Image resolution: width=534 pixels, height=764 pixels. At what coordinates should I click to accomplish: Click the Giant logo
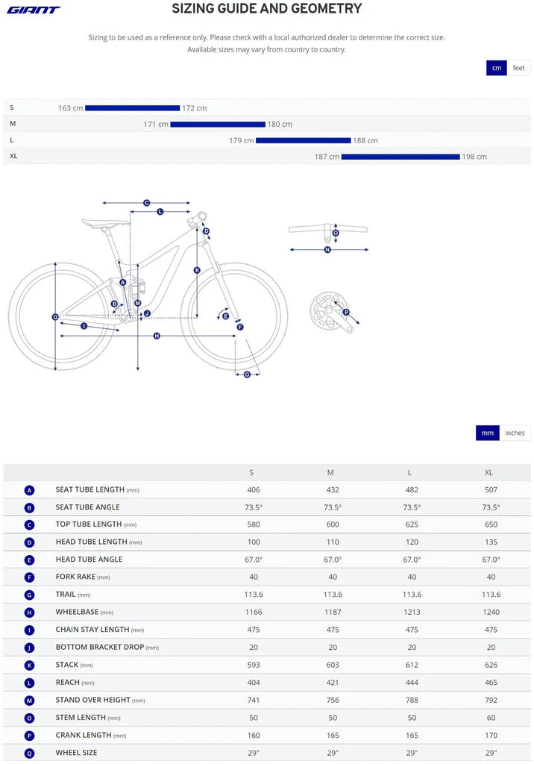pos(34,10)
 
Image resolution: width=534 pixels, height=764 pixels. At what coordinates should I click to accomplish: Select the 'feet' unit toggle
pos(518,68)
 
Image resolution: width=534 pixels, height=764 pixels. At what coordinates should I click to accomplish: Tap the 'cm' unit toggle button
pos(497,68)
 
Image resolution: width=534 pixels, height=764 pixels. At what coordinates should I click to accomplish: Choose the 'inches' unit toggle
pos(515,433)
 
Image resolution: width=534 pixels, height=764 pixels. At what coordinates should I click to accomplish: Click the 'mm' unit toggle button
pos(487,433)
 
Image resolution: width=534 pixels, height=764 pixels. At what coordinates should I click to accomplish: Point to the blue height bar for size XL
pos(400,157)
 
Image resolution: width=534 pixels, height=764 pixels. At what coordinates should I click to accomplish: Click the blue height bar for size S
pos(132,108)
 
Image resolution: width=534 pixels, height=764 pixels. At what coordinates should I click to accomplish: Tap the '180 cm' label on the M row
pos(280,125)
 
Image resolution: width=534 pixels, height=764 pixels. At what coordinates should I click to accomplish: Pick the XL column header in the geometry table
pos(489,472)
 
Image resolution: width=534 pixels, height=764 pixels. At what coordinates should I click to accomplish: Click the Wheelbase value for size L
pos(412,612)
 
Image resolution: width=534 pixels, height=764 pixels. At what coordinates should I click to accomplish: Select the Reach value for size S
pos(251,682)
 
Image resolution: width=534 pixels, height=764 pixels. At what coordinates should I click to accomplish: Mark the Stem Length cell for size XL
pos(489,717)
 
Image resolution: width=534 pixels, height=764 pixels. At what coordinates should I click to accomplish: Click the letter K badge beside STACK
pos(29,665)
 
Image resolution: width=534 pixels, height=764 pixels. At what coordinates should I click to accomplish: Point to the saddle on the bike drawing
pos(101,222)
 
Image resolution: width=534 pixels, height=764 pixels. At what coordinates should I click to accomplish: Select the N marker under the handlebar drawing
pos(327,250)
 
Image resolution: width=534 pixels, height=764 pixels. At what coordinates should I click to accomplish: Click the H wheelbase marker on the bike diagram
pos(157,336)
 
